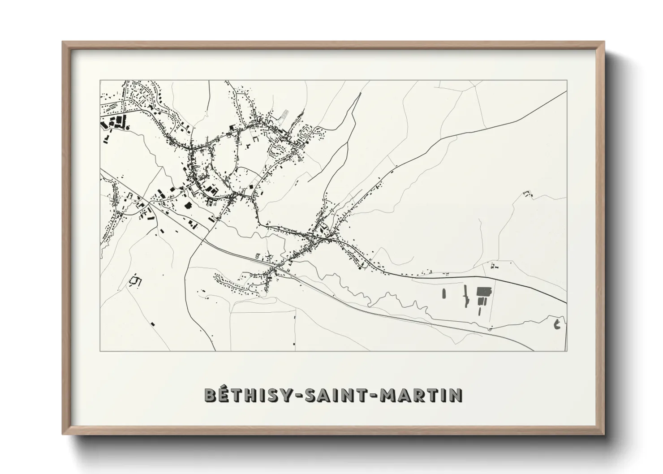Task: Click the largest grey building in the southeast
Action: (x=483, y=292)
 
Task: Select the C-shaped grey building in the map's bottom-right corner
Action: (x=557, y=324)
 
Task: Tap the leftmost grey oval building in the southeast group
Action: (x=444, y=293)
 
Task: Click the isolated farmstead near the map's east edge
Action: (x=528, y=194)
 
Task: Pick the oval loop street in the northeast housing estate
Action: (x=308, y=133)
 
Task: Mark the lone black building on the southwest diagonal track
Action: (x=153, y=323)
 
